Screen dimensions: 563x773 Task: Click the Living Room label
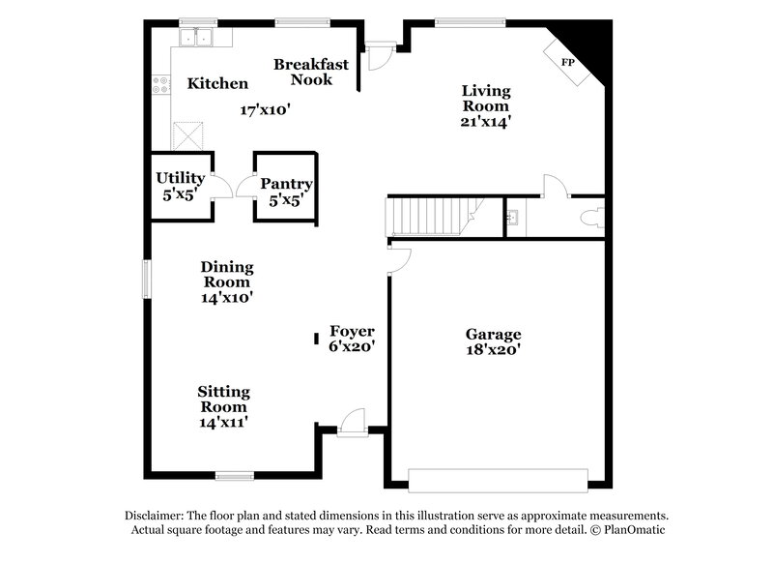485,98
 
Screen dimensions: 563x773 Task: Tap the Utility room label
181,178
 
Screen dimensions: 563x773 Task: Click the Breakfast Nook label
303,72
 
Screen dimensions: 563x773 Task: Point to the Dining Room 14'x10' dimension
226,298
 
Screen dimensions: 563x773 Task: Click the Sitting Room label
224,399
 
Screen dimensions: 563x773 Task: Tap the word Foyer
352,330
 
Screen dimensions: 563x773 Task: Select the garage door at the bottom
498,480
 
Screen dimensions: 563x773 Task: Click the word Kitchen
216,84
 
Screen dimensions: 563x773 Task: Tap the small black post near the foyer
317,338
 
